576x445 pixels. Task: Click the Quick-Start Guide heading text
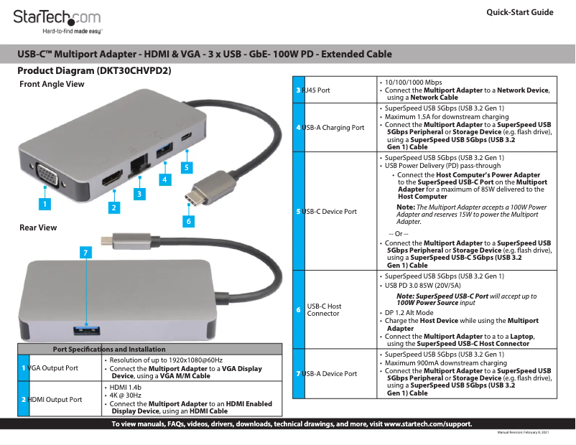pyautogui.click(x=519, y=13)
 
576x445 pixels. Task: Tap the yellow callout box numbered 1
pyautogui.click(x=45, y=204)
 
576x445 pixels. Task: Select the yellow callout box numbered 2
pyautogui.click(x=113, y=208)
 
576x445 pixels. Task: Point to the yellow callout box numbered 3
pyautogui.click(x=139, y=193)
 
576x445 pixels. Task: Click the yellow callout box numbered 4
pyautogui.click(x=164, y=179)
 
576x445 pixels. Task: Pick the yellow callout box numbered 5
pyautogui.click(x=186, y=167)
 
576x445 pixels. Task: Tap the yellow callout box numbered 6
pyautogui.click(x=188, y=221)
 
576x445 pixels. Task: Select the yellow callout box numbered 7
pyautogui.click(x=85, y=253)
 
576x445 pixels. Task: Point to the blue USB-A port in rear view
pyautogui.click(x=85, y=329)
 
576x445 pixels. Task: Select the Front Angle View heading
pyautogui.click(x=52, y=84)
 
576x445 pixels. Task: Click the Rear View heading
pyautogui.click(x=38, y=228)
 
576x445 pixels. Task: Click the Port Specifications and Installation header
pyautogui.click(x=109, y=349)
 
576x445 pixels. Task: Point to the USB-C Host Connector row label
pyautogui.click(x=324, y=310)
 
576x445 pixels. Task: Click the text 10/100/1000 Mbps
pyautogui.click(x=413, y=83)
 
